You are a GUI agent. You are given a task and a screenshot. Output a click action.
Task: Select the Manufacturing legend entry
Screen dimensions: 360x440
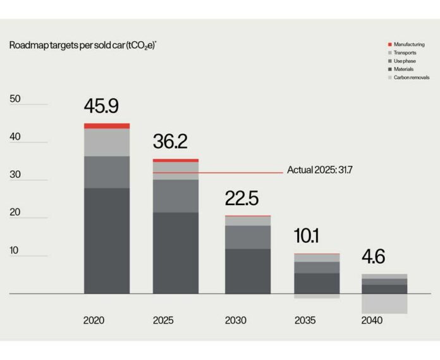(409, 44)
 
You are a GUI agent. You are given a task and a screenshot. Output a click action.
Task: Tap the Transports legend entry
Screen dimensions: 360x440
(405, 53)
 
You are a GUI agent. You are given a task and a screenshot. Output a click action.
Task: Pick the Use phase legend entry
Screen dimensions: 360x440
(404, 61)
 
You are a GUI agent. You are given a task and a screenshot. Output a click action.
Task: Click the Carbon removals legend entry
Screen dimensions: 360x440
(411, 77)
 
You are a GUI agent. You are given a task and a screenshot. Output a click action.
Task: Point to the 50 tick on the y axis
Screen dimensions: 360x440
(15, 99)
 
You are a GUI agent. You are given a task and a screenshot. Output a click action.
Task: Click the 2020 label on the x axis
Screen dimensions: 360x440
(94, 320)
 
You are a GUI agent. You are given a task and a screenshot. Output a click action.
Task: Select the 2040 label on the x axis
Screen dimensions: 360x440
(372, 320)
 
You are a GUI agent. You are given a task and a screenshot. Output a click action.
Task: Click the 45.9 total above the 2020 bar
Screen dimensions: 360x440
(101, 106)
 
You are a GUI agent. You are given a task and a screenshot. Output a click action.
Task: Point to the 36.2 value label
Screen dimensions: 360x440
(170, 142)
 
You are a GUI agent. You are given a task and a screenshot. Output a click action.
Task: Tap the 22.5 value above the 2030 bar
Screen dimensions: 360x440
(241, 199)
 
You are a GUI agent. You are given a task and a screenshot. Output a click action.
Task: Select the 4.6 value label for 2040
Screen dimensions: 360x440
(372, 257)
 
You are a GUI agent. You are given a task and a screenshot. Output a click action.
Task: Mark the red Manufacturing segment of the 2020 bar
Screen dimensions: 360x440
(107, 126)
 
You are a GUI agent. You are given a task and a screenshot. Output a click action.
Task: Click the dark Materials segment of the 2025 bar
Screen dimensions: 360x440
(176, 253)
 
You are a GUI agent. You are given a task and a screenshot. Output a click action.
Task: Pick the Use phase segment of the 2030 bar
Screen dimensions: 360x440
(248, 237)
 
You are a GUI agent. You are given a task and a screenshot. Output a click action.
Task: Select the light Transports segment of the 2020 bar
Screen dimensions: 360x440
(107, 142)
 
